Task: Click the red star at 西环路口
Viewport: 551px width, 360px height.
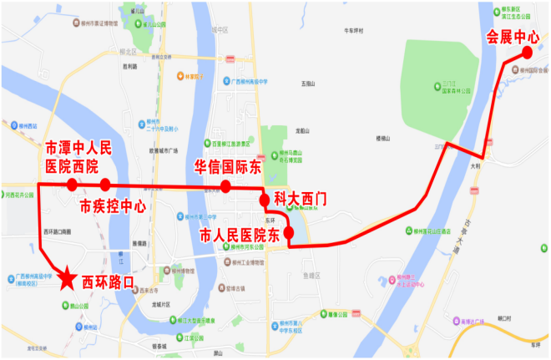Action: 66,278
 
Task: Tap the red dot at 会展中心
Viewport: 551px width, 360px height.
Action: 528,53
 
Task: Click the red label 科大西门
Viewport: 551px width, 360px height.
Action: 301,200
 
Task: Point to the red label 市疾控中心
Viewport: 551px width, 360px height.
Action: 113,205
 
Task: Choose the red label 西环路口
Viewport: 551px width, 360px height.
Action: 109,283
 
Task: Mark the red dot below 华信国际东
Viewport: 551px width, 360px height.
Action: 225,185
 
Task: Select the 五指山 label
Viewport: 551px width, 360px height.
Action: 310,84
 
